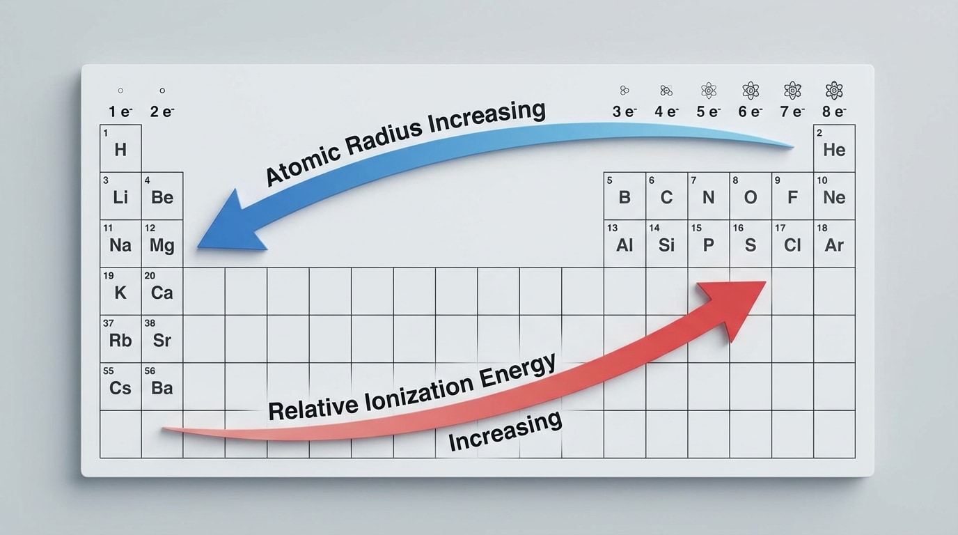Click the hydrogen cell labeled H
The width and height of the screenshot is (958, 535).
coord(120,148)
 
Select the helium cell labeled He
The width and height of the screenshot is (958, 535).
coord(834,148)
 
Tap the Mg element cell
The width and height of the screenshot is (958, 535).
coord(162,245)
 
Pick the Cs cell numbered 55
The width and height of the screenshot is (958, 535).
coord(120,387)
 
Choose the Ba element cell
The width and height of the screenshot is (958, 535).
coord(162,387)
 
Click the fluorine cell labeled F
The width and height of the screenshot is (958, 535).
coord(792,196)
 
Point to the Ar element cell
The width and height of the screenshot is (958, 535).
coord(834,245)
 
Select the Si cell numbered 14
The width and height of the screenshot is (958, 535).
coord(666,245)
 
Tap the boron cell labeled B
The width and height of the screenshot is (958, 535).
coord(625,196)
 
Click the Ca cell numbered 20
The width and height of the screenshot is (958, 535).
coord(162,292)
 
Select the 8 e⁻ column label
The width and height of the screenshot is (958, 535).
coord(833,111)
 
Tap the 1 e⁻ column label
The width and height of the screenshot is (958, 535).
coord(120,111)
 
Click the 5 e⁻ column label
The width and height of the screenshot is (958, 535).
coord(709,111)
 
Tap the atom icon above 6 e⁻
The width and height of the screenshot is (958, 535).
coord(751,90)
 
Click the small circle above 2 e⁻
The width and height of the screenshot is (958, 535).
coord(162,91)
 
